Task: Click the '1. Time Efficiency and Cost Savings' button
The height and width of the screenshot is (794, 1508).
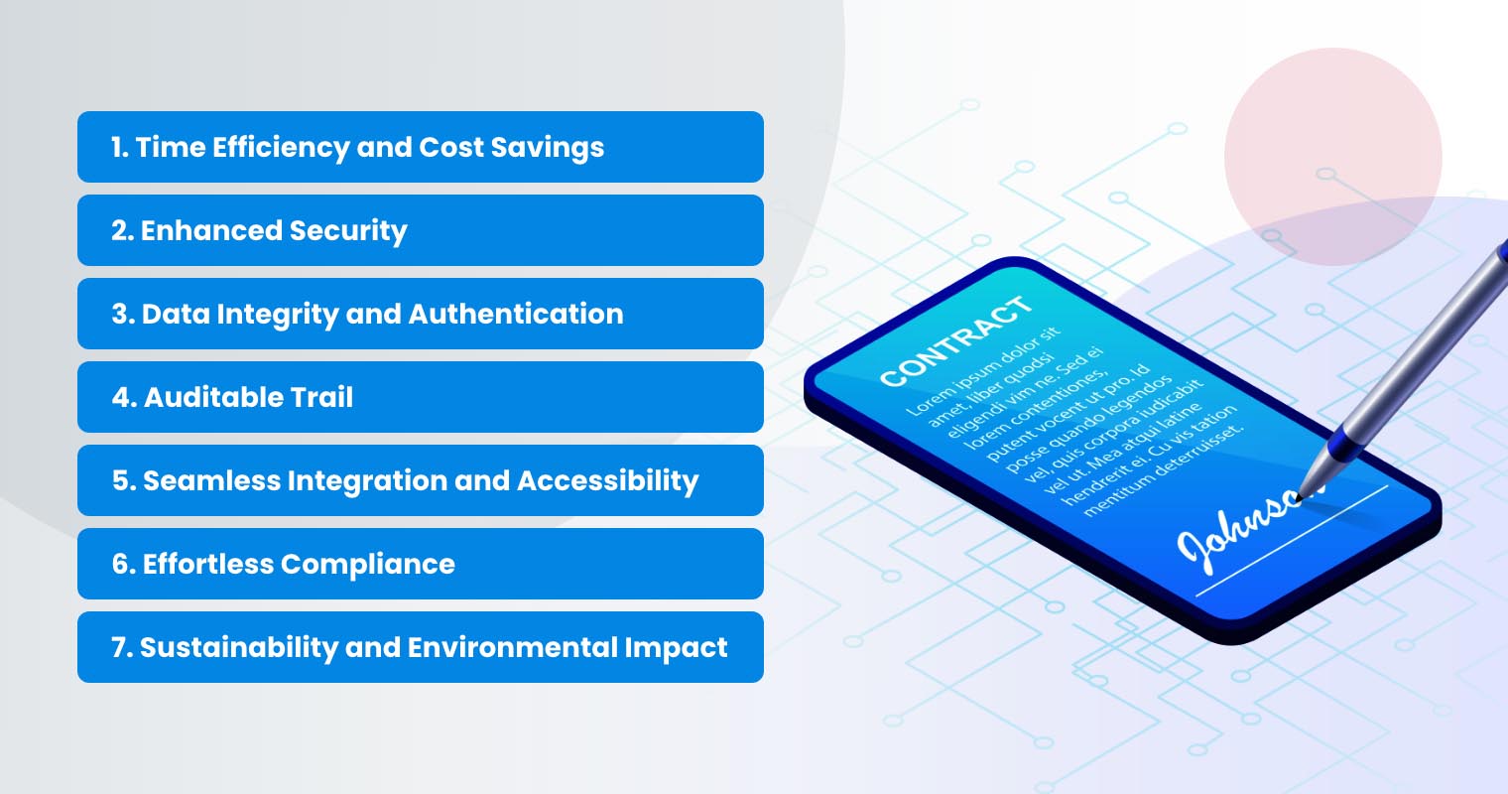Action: pos(420,147)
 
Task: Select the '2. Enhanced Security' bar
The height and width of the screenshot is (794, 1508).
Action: pos(420,230)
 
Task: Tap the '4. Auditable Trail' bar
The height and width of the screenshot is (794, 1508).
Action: pos(420,397)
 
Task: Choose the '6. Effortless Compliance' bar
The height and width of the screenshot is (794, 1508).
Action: pos(420,564)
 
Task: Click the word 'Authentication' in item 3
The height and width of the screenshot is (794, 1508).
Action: pos(516,314)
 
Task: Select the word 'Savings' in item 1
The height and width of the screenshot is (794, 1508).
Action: pos(548,148)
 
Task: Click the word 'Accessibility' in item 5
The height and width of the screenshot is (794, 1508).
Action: pos(608,481)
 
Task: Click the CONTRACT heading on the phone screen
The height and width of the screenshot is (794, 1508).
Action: pos(955,341)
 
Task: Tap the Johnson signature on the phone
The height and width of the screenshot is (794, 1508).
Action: pos(1245,532)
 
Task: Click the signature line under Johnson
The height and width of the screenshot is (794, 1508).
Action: pos(1292,541)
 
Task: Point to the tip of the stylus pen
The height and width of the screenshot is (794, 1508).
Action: pos(1300,497)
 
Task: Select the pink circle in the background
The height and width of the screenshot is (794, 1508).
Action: pos(1333,156)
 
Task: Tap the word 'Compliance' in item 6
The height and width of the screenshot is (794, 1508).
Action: pos(367,565)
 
